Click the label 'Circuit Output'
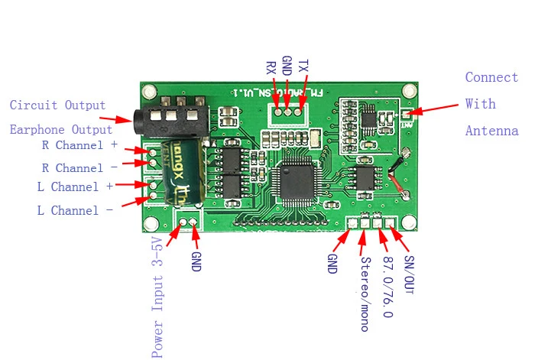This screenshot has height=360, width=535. [57, 105]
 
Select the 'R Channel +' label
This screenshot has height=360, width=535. [79, 144]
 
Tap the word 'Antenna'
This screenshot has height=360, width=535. [491, 131]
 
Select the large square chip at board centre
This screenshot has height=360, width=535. [297, 180]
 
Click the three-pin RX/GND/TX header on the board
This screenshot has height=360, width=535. [287, 112]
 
